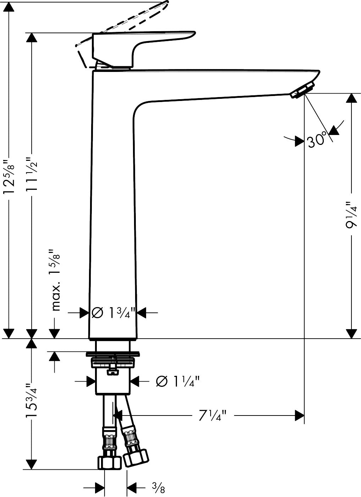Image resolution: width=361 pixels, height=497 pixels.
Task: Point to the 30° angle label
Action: click(x=316, y=140)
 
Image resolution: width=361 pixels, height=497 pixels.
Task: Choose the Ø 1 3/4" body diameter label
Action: click(x=113, y=312)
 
